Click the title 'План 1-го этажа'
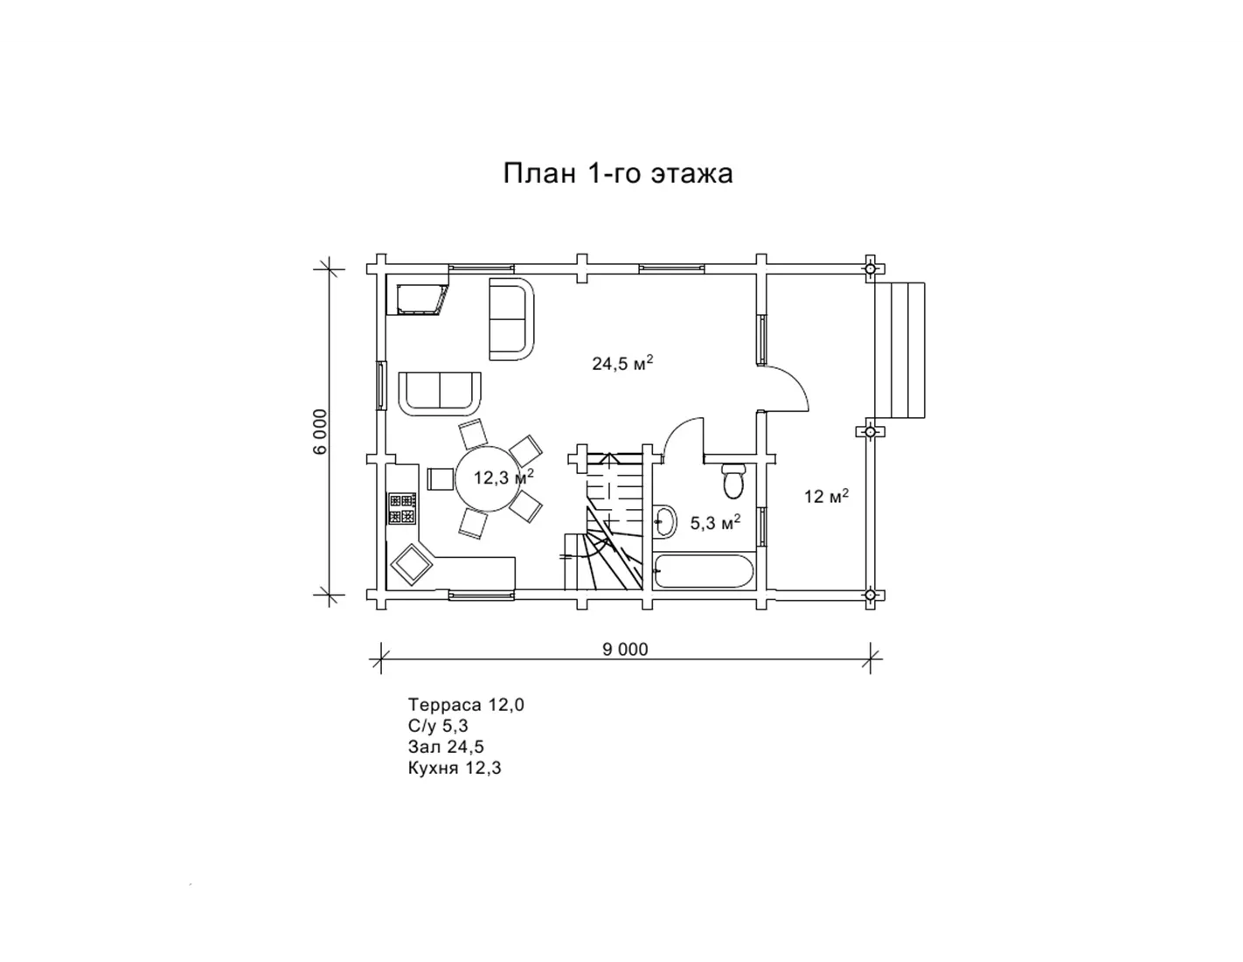pyautogui.click(x=617, y=173)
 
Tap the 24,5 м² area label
pyautogui.click(x=622, y=363)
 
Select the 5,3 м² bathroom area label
pyautogui.click(x=715, y=522)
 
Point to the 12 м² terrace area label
pyautogui.click(x=826, y=496)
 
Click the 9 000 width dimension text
pyautogui.click(x=625, y=649)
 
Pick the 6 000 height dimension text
pyautogui.click(x=320, y=431)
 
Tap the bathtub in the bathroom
pyautogui.click(x=705, y=570)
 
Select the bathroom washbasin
pyautogui.click(x=664, y=521)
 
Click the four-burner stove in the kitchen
pyautogui.click(x=402, y=509)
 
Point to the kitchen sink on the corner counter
pyautogui.click(x=412, y=564)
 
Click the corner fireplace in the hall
pyautogui.click(x=418, y=294)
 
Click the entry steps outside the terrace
pyautogui.click(x=899, y=350)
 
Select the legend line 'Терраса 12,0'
pyautogui.click(x=466, y=705)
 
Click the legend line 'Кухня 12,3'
pyautogui.click(x=455, y=768)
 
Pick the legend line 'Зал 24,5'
pyautogui.click(x=446, y=746)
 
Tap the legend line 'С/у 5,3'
pyautogui.click(x=438, y=726)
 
